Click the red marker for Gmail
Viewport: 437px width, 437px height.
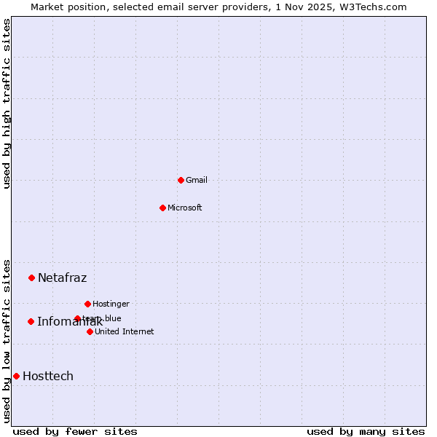[x=181, y=180]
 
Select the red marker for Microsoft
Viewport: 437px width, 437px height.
[x=162, y=208]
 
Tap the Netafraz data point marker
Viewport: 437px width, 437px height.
[x=31, y=277]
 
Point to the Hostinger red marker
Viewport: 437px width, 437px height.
[x=87, y=304]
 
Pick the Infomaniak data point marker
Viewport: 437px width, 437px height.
[x=31, y=321]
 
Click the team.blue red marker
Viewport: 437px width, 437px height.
[x=77, y=318]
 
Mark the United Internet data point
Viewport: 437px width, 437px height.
[x=90, y=331]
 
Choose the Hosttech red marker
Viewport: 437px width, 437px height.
[x=16, y=376]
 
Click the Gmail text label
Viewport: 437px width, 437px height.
[x=197, y=180]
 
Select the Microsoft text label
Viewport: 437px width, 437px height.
[x=185, y=208]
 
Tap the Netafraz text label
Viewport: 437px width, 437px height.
[x=62, y=277]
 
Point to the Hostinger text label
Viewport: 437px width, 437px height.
[x=111, y=304]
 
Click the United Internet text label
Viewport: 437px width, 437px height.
[x=125, y=331]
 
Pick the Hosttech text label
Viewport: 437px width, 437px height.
[x=48, y=376]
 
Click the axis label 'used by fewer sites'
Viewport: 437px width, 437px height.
[x=75, y=431]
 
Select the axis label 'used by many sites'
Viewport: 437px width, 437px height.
[x=366, y=431]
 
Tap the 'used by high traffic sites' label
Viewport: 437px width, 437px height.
[x=7, y=103]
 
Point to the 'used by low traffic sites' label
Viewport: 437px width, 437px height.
[x=7, y=341]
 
